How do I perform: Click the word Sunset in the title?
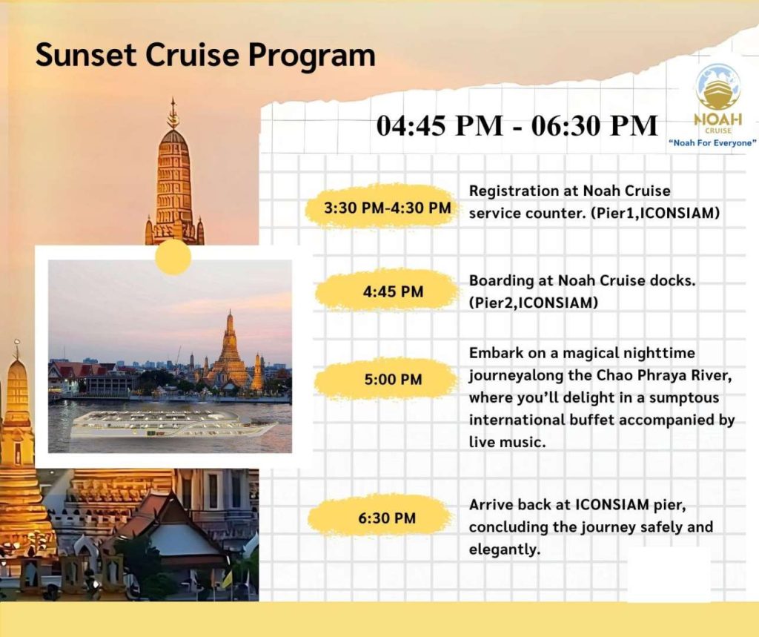point(86,54)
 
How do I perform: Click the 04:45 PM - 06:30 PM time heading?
point(517,125)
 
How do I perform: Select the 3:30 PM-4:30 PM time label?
point(387,208)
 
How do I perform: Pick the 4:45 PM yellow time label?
point(393,291)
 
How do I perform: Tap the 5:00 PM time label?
point(393,379)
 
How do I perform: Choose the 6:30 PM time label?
point(387,518)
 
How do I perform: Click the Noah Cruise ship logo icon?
point(717,88)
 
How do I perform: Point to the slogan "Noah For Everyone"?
point(712,143)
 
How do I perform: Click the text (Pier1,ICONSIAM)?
point(655,213)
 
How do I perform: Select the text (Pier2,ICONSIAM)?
point(533,303)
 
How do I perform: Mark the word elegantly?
point(504,549)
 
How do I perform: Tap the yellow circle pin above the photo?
point(173,257)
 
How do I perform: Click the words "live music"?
point(507,442)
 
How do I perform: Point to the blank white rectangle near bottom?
point(669,575)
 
